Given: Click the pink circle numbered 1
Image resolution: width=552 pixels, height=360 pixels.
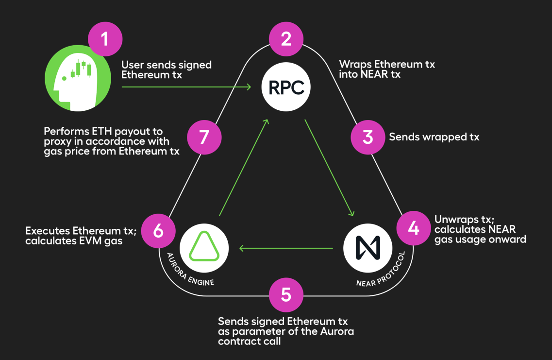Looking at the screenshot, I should [105, 39].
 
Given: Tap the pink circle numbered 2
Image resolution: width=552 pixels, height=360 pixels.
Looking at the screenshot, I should [286, 39].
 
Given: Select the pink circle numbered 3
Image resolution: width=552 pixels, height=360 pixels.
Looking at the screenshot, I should [368, 137].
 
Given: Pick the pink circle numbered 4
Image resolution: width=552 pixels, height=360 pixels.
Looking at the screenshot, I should [414, 227].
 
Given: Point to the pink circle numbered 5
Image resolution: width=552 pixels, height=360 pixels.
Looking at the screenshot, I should [286, 294].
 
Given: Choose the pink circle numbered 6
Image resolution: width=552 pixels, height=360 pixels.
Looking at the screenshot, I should [158, 231].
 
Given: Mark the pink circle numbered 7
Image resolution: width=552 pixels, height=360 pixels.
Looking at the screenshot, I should [204, 137].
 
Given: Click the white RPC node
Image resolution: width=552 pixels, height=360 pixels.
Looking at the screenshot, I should [286, 87].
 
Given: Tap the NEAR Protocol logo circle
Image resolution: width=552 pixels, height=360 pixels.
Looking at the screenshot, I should [368, 248].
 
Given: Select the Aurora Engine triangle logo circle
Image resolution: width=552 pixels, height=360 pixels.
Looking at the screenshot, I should [204, 248].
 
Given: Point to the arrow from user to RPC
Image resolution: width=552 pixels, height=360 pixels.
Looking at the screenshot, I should [186, 87].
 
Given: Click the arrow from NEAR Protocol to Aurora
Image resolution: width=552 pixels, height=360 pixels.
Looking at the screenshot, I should [286, 248].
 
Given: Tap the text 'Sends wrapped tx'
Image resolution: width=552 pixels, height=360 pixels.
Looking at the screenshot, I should [434, 137].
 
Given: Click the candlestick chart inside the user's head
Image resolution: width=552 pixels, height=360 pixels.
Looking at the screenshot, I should [81, 69].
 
